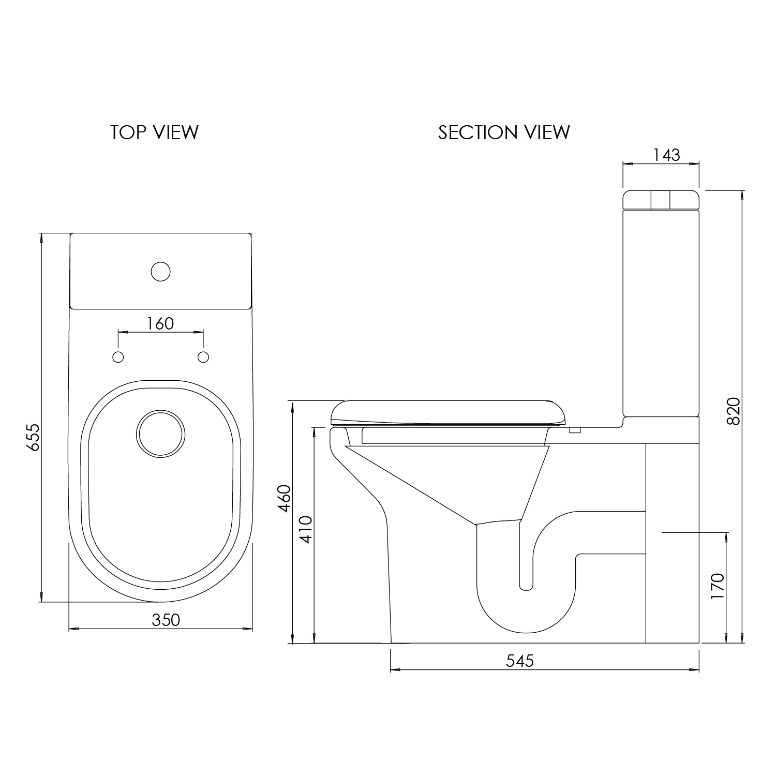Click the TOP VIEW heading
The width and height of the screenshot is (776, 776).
(x=154, y=132)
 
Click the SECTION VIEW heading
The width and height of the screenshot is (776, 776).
(x=504, y=132)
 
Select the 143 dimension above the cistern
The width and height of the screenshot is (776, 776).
(x=667, y=155)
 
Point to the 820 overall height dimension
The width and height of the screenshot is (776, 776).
(x=733, y=411)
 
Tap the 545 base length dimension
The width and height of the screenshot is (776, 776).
(x=519, y=661)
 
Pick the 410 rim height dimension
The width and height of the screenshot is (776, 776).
(x=306, y=529)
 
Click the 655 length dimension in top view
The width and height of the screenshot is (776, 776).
(x=33, y=437)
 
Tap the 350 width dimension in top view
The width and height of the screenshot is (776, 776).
(x=166, y=620)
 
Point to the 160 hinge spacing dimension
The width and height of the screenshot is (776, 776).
(x=160, y=323)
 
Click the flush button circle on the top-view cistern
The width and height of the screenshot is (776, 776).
(x=160, y=272)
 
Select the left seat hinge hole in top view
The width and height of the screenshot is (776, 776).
(x=118, y=357)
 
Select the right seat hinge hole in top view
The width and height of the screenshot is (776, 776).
(x=203, y=357)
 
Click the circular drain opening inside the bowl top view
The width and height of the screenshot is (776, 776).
(x=160, y=435)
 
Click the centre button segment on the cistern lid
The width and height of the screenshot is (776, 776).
(x=661, y=199)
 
